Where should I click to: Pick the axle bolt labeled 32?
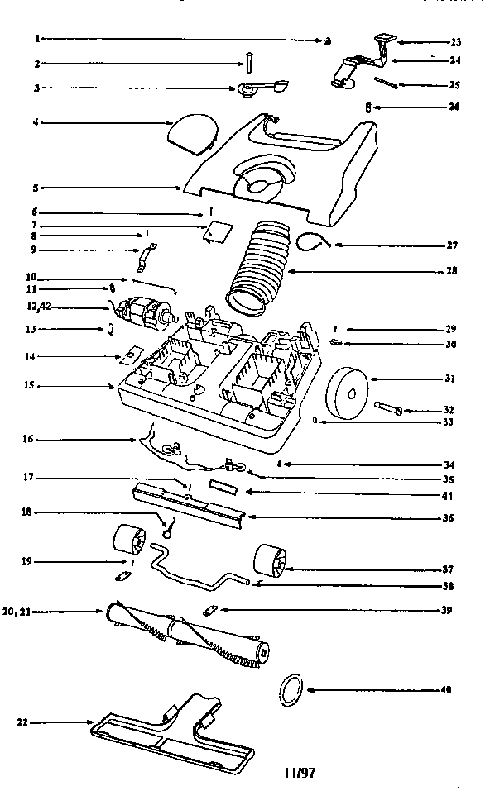point(392,408)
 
